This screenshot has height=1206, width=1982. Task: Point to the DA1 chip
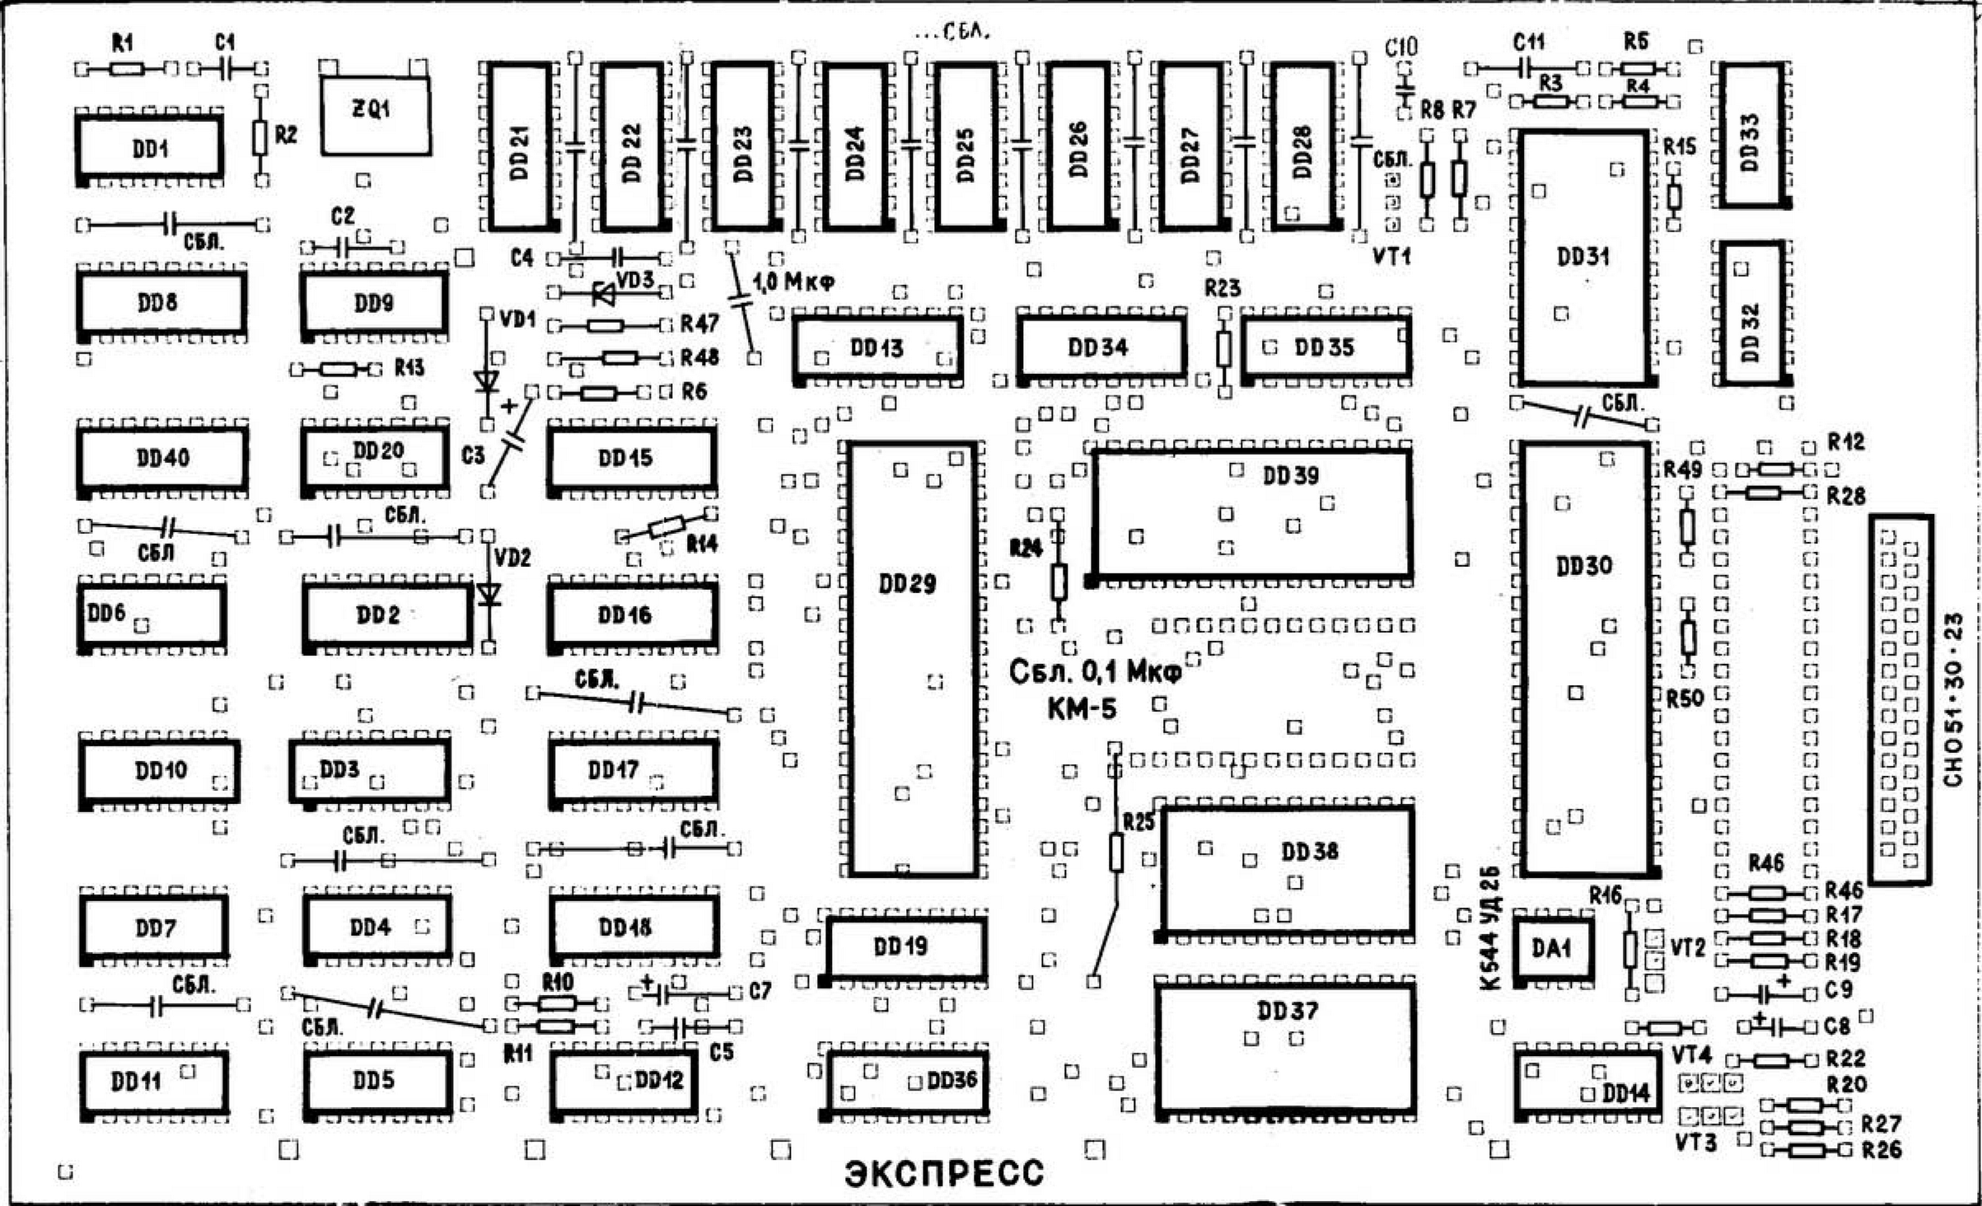pos(1551,949)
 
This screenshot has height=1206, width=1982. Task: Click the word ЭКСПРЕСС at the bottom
pos(944,1173)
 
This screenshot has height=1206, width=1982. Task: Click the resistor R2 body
pos(260,138)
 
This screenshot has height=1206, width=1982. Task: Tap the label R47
pos(699,324)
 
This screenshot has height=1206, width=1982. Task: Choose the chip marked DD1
pos(150,148)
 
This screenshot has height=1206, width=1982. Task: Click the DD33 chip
pos(1750,135)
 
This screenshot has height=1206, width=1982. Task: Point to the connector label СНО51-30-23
pos(1953,700)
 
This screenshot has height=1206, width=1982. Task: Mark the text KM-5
pos(1082,708)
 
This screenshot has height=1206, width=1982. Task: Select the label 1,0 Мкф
pos(793,283)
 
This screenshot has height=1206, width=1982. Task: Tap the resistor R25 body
pos(1116,852)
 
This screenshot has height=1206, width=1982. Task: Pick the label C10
pos(1401,47)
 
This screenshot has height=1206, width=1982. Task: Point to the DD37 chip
pos(1286,1048)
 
